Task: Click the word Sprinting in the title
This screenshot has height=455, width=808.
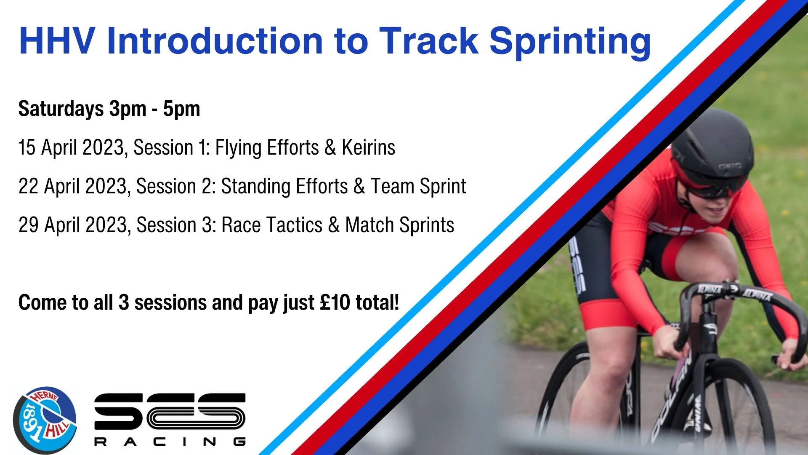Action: [x=570, y=42]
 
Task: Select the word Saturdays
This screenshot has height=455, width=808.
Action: [x=61, y=109]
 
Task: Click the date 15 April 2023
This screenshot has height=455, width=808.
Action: [x=71, y=148]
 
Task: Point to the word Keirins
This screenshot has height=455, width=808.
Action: [x=368, y=148]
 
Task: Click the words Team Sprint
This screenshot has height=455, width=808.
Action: [x=418, y=187]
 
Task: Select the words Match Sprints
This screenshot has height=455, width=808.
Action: [x=399, y=225]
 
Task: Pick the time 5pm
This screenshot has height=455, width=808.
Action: [x=181, y=109]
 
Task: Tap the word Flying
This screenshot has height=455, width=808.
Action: [x=238, y=148]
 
